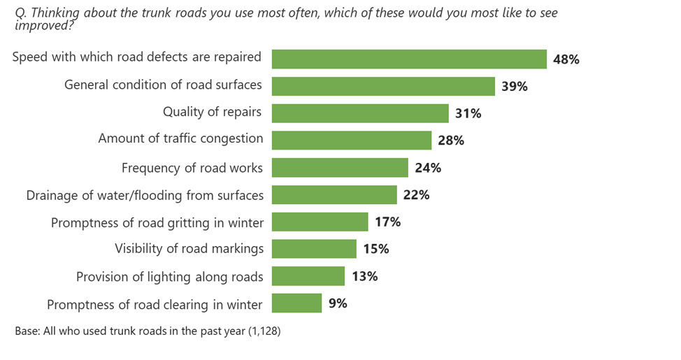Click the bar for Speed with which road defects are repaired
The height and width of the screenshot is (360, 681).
pyautogui.click(x=409, y=59)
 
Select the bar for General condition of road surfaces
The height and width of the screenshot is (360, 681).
pyautogui.click(x=383, y=86)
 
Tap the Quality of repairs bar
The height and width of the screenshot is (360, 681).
pyautogui.click(x=360, y=113)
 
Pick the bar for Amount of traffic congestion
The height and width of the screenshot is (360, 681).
pyautogui.click(x=352, y=141)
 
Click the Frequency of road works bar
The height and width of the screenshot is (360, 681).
pyautogui.click(x=340, y=168)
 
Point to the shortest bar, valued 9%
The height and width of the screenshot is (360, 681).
pyautogui.click(x=296, y=303)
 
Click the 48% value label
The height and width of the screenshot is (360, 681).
pyautogui.click(x=566, y=59)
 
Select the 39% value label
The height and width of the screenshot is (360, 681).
pyautogui.click(x=514, y=87)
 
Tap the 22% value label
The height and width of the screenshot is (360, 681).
pyautogui.click(x=416, y=195)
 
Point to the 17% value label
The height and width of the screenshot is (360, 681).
pyautogui.click(x=387, y=222)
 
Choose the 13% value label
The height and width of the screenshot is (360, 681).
pyautogui.click(x=364, y=276)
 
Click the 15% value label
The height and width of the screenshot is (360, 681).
pyautogui.click(x=375, y=249)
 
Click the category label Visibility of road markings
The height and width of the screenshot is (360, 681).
pyautogui.click(x=189, y=248)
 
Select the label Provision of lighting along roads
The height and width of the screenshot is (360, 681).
pyautogui.click(x=170, y=277)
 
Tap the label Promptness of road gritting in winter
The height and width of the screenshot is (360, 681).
pyautogui.click(x=157, y=222)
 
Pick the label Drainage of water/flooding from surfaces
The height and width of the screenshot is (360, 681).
pyautogui.click(x=145, y=195)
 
